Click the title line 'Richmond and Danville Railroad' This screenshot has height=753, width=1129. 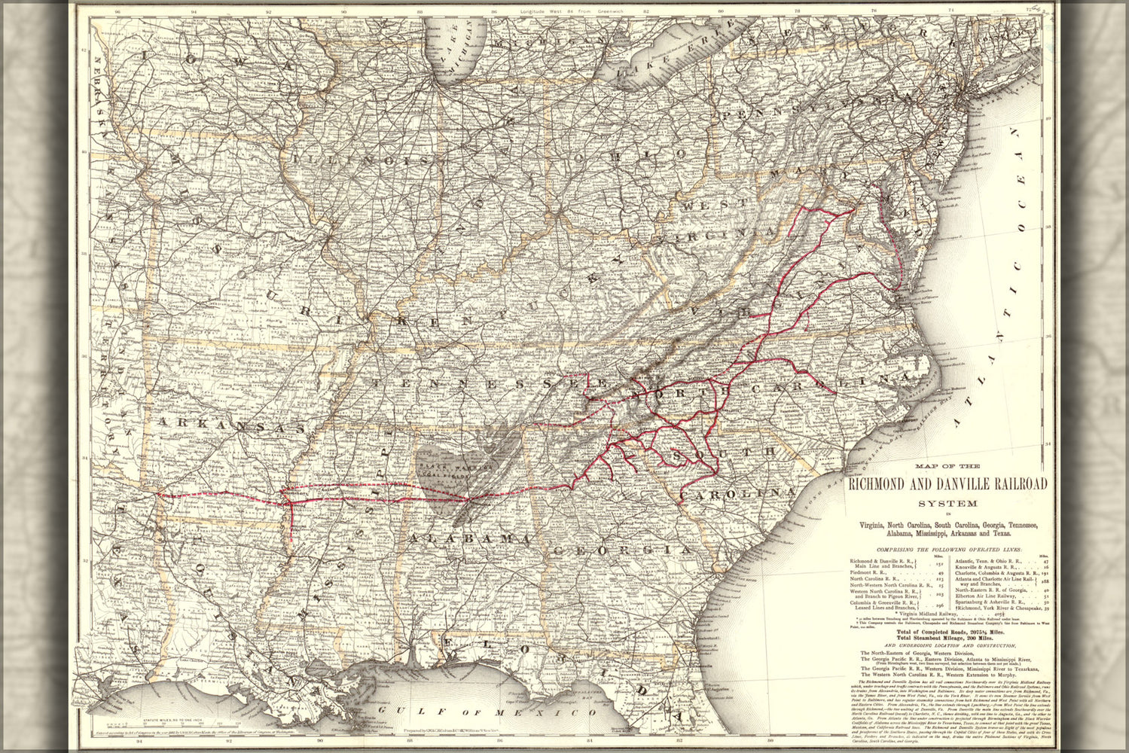947,484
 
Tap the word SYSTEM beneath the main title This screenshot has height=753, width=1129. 947,503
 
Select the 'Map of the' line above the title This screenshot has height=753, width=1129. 947,467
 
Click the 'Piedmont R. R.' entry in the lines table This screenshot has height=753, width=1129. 868,573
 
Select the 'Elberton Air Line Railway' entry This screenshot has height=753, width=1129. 989,596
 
